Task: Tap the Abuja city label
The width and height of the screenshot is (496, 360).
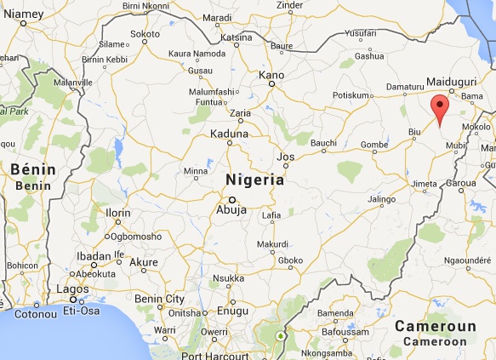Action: [x=231, y=207]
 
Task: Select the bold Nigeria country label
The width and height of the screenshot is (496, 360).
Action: [x=254, y=180]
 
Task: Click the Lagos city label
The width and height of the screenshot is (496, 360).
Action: [x=72, y=290]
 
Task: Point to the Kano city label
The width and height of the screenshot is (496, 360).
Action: [x=271, y=76]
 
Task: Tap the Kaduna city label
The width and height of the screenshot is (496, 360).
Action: [x=230, y=134]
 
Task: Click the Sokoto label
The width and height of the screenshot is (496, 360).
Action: [x=145, y=34]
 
